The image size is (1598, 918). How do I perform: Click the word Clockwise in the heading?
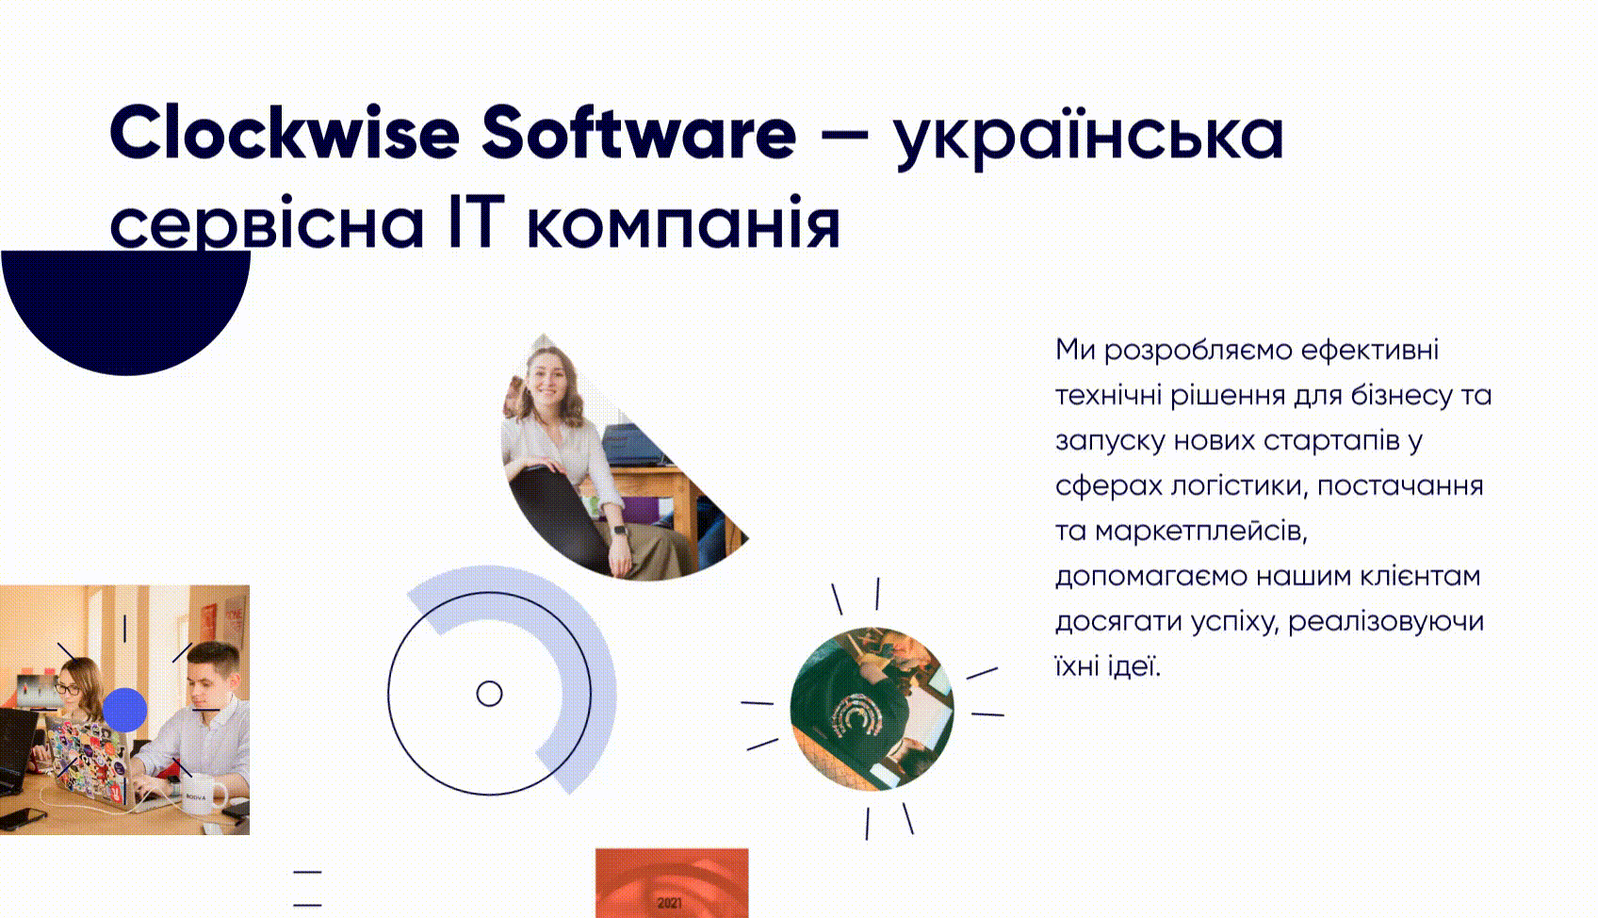click(x=284, y=133)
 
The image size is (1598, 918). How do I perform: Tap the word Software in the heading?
click(x=639, y=133)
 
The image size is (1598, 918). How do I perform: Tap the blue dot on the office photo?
click(x=124, y=710)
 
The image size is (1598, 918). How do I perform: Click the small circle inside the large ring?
click(x=489, y=694)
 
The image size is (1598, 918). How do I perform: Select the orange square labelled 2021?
click(x=671, y=883)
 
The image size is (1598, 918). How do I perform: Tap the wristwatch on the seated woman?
click(x=620, y=530)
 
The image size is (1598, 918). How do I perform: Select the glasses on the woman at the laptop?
click(x=68, y=689)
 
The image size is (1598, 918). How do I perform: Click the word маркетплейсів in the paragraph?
click(x=1201, y=531)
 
